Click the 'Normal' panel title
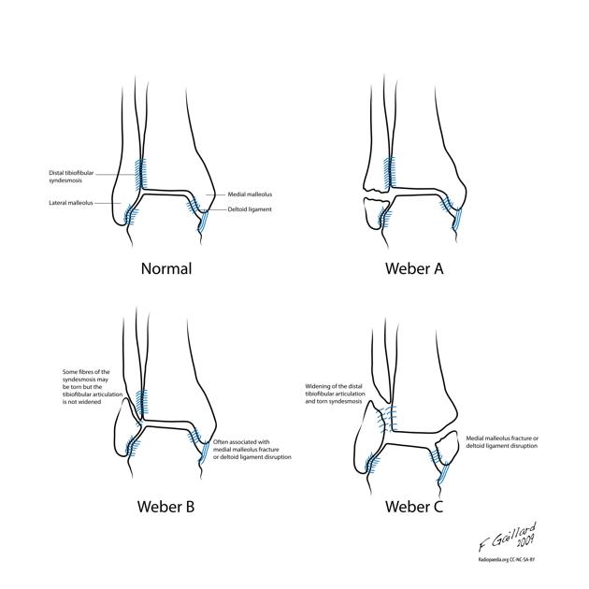coord(165,268)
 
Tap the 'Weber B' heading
coord(165,509)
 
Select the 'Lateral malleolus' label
coord(75,203)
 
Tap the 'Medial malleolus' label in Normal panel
coord(249,194)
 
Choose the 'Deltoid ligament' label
coord(250,209)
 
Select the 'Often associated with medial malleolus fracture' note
coord(252,449)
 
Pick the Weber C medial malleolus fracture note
coord(514,442)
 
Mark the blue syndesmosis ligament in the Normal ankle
coord(142,172)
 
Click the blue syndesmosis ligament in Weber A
coord(390,172)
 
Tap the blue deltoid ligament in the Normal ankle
coord(203,222)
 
